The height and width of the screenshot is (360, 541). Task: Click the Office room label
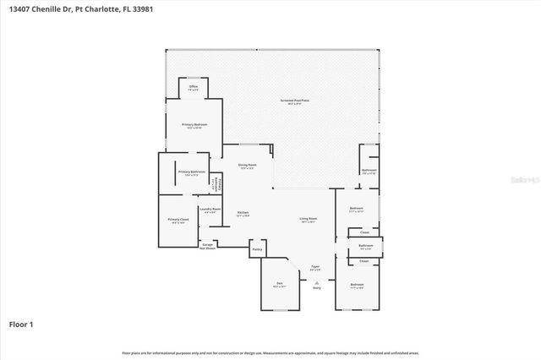[193, 87]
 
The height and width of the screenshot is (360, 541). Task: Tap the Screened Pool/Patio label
[294, 101]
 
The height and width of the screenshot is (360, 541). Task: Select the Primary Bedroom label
[194, 125]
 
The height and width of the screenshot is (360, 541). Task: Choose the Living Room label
[307, 220]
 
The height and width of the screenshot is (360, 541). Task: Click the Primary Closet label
[178, 220]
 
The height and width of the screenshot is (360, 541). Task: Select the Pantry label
[258, 249]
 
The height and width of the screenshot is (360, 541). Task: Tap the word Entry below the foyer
[317, 288]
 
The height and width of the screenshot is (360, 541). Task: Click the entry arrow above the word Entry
[317, 281]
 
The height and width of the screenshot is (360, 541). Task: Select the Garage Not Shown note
[208, 248]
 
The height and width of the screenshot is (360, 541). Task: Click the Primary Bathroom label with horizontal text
[191, 172]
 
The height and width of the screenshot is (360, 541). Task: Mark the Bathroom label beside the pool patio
[369, 171]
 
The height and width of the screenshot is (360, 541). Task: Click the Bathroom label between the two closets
[365, 247]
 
